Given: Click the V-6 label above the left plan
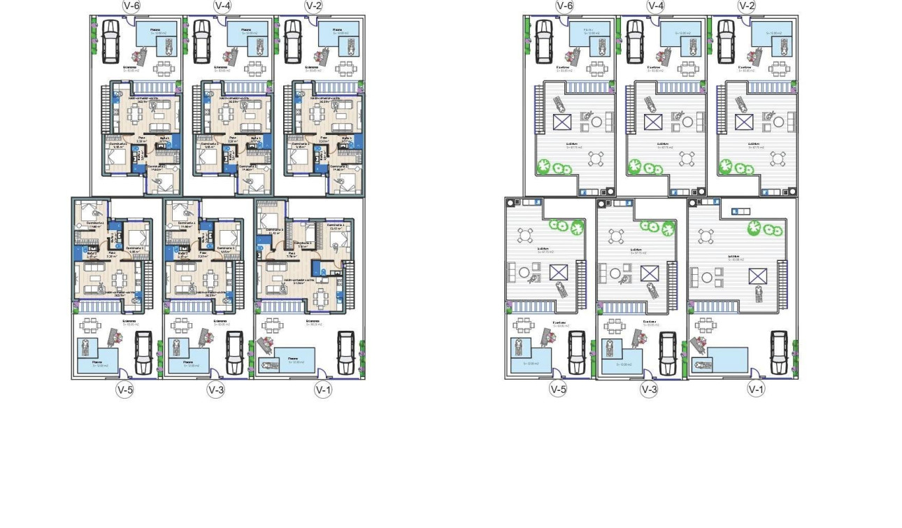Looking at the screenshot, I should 130,6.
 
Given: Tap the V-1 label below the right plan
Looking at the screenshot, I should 756,389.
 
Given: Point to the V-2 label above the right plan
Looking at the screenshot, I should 747,6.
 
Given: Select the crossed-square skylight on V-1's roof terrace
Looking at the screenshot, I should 758,276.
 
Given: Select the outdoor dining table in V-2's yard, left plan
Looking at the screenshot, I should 344,69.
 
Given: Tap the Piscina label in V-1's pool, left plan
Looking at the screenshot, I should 298,362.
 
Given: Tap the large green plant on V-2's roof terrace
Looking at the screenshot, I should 726,166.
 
